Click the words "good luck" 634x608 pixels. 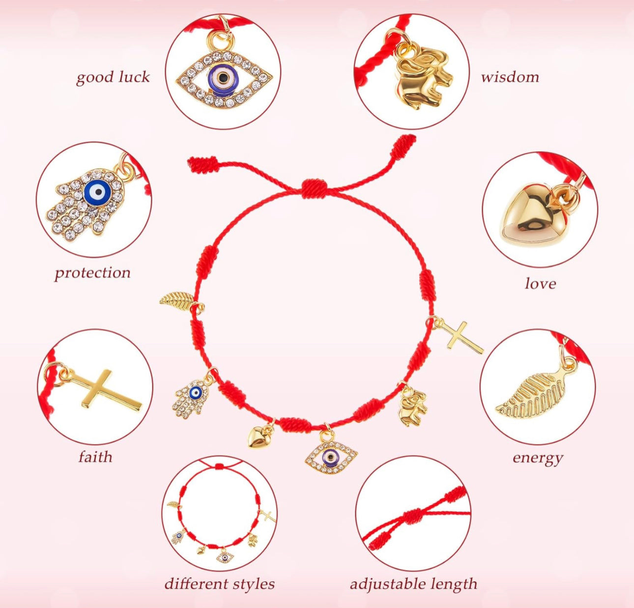coord(113,78)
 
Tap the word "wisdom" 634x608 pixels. coord(510,77)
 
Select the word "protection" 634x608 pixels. coord(92,273)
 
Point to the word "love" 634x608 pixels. coord(540,284)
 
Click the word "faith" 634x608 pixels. coord(95,457)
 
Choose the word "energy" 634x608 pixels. coord(537,458)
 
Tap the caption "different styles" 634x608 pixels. coord(219,584)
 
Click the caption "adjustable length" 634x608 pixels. coord(413,584)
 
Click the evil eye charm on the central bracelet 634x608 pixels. coord(331,456)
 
